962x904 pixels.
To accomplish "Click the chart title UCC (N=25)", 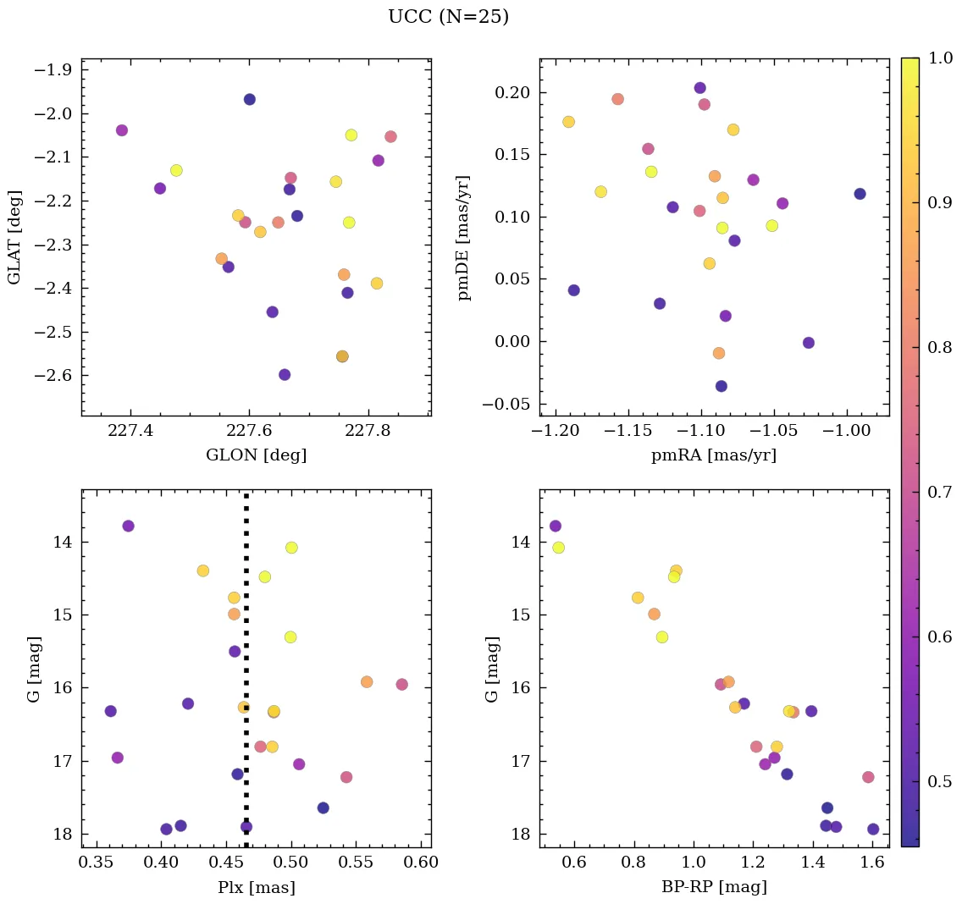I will [x=448, y=17].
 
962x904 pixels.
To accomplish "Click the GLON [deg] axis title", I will [x=256, y=455].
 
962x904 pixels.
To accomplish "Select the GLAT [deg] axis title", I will [x=14, y=237].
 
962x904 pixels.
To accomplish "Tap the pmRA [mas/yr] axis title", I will [x=713, y=455].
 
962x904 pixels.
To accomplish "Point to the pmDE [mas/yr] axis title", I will [x=464, y=238].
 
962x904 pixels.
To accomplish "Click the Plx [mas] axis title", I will [x=256, y=887].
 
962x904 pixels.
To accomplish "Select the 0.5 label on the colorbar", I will [x=939, y=781].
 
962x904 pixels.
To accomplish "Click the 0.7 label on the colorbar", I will [x=939, y=493].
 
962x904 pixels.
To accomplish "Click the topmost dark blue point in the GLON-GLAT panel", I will [x=250, y=99].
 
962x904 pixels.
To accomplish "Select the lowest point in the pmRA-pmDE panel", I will [x=721, y=386].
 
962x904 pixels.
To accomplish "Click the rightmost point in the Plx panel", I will [x=401, y=684].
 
